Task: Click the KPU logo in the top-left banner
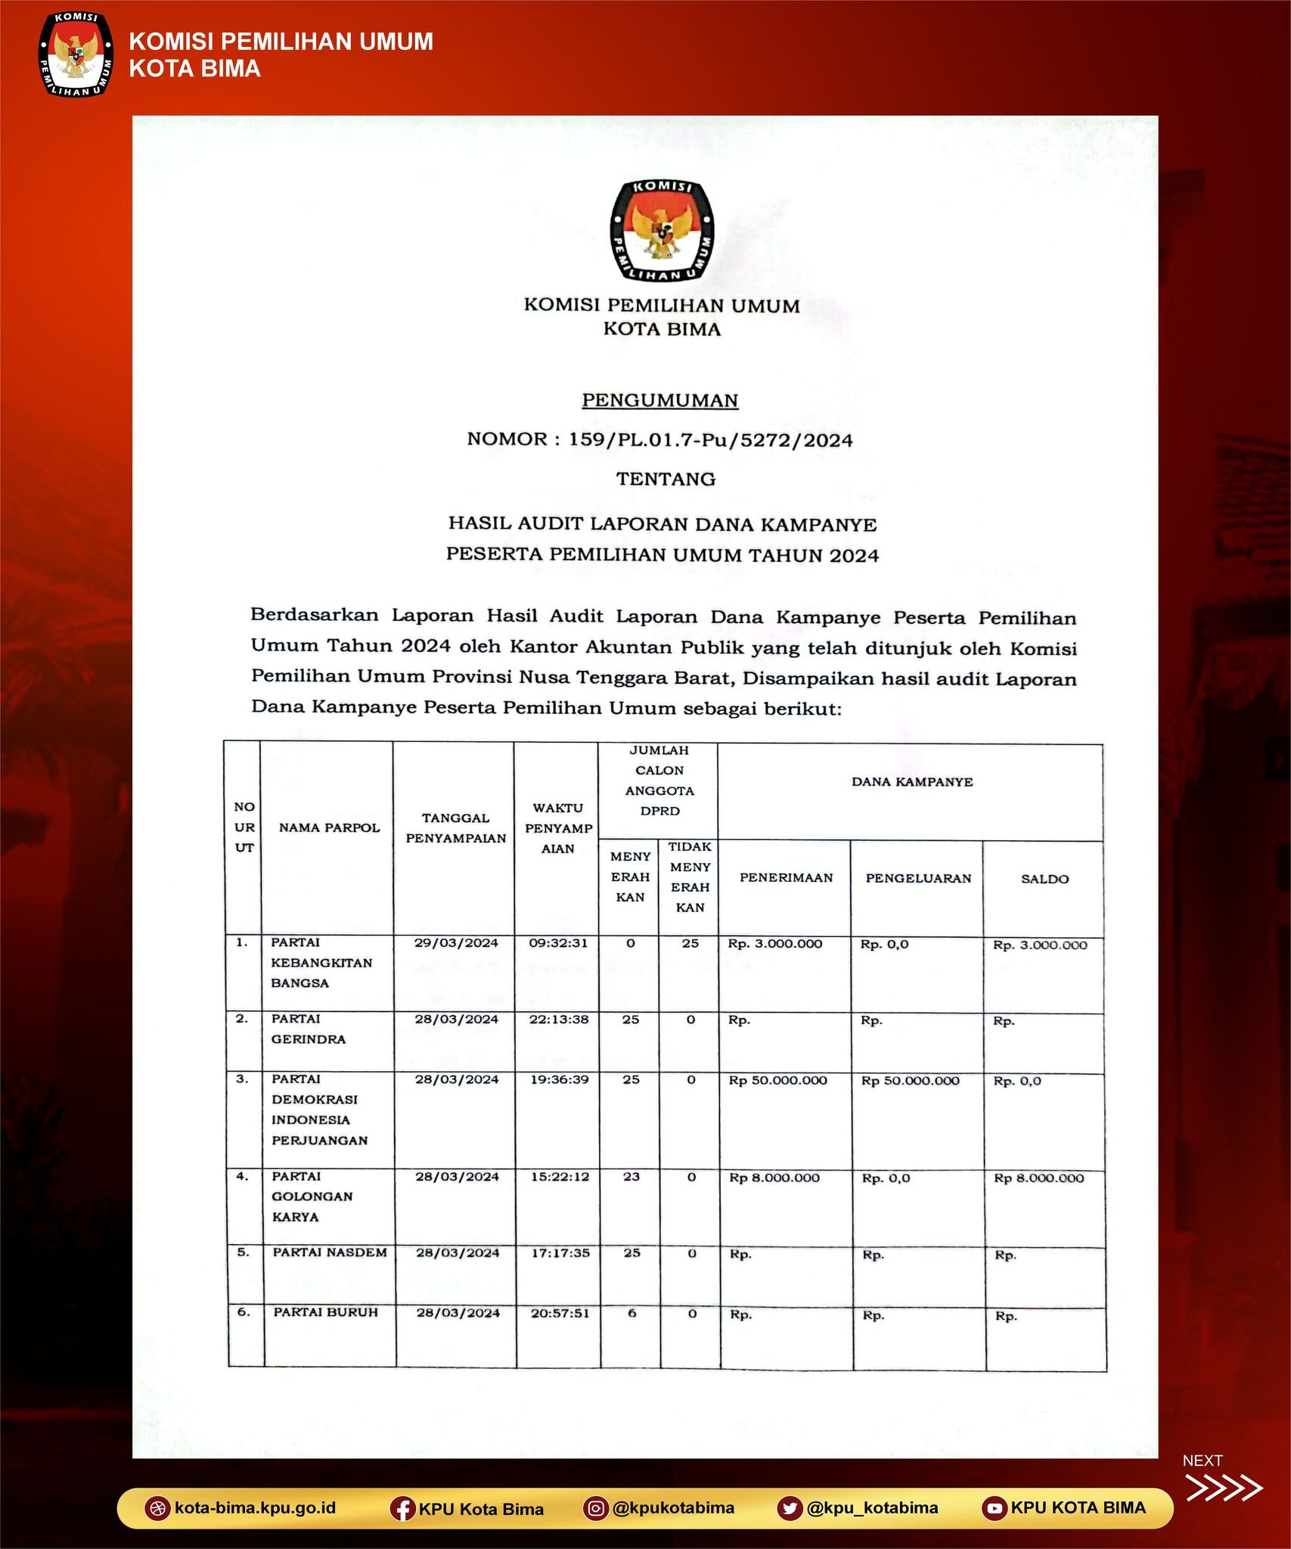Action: [x=74, y=54]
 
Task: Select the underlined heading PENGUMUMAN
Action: [x=659, y=400]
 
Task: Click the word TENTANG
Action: [x=666, y=479]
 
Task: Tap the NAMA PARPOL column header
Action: [x=329, y=827]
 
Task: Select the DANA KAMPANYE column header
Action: [x=911, y=782]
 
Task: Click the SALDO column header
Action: [x=1044, y=879]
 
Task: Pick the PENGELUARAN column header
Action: [x=918, y=878]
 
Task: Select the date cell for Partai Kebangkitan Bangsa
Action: [x=456, y=942]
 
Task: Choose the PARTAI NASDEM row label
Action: [x=330, y=1253]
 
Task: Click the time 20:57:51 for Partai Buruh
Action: [x=560, y=1313]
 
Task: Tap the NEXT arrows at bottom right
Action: [x=1223, y=1487]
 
